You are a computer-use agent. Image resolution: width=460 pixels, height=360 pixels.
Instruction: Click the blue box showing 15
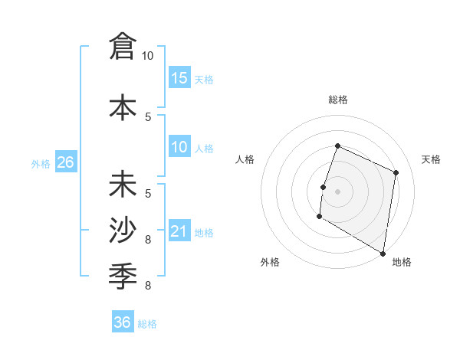click(179, 78)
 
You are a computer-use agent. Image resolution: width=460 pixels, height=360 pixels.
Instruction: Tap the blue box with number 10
click(179, 148)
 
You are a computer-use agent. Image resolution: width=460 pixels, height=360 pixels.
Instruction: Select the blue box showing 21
click(179, 232)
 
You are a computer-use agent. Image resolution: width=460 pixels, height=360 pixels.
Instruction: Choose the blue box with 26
click(65, 162)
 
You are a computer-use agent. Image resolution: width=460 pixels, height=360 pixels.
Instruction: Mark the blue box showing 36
click(123, 322)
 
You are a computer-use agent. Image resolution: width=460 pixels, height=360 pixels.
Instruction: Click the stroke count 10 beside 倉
click(147, 56)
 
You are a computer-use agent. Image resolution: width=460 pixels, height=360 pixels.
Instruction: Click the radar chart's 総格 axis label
click(337, 100)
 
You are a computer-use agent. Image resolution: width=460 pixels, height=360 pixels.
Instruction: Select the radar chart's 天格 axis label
click(431, 159)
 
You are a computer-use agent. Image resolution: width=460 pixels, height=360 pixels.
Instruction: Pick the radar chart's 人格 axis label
click(245, 159)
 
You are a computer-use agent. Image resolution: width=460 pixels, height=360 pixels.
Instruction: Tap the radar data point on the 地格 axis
click(383, 253)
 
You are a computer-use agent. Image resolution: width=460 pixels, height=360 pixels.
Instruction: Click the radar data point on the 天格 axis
click(396, 172)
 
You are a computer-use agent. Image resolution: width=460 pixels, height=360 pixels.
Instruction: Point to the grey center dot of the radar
click(337, 191)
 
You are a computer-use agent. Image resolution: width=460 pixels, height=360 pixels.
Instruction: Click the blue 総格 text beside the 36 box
click(148, 324)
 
